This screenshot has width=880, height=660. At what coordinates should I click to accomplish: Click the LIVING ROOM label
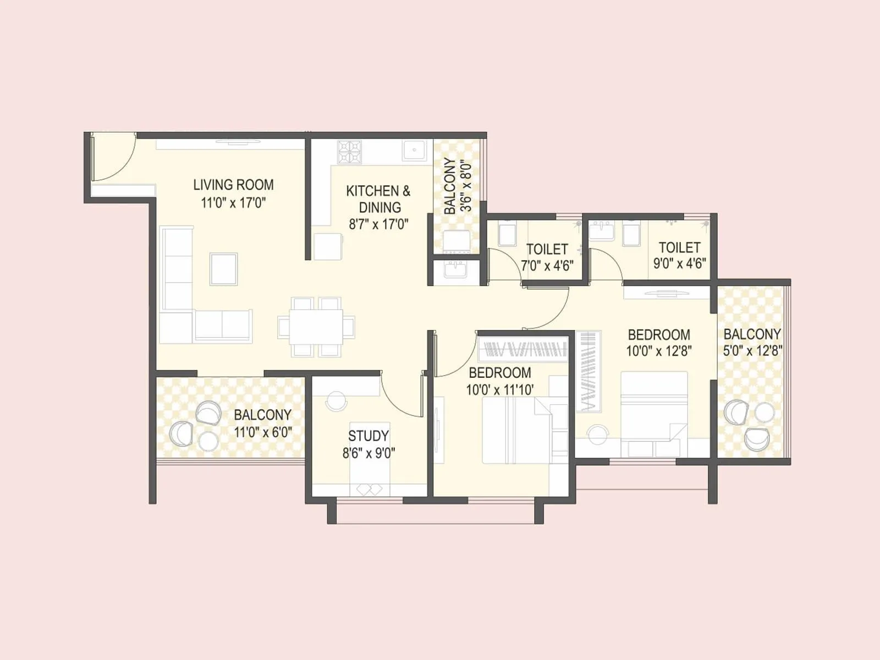point(233,185)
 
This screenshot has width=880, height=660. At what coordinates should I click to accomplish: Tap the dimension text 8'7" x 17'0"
point(378,224)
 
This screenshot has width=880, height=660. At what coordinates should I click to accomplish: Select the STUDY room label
point(368,436)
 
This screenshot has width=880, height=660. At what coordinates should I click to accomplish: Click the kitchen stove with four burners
point(350,152)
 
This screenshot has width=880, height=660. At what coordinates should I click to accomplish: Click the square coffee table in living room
point(224,269)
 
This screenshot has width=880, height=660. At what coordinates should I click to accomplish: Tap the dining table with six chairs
point(316,327)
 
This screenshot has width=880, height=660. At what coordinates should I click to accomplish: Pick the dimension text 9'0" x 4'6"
point(680,263)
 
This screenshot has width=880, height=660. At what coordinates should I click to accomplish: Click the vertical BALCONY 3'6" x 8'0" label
point(458,186)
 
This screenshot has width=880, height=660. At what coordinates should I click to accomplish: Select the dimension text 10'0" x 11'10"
point(499,391)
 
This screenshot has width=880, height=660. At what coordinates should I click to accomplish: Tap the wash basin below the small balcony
point(456,271)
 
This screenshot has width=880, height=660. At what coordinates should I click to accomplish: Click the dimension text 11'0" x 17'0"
point(233,203)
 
